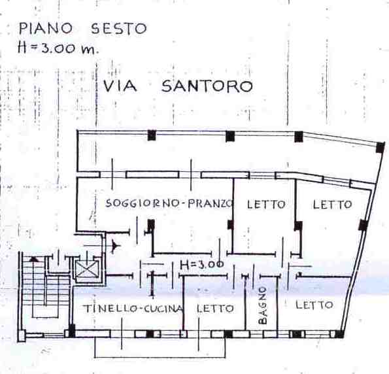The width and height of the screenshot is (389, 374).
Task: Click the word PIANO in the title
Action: coord(45,28)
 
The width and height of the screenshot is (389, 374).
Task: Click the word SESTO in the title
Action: coord(119,28)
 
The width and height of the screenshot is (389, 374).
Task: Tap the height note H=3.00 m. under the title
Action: coord(58,47)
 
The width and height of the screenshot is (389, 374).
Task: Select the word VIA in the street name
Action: coord(120,86)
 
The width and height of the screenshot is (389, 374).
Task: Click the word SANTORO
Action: coord(207,86)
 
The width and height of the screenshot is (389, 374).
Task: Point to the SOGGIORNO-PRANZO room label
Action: coord(170,203)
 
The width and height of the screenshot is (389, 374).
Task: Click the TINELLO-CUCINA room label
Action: coord(133,309)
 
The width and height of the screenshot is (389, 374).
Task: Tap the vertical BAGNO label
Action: coord(262,306)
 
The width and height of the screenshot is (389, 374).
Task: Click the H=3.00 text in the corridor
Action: coord(202,265)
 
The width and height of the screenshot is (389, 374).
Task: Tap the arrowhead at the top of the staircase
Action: coord(34,260)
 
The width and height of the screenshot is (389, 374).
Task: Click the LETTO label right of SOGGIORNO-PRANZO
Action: coord(266,205)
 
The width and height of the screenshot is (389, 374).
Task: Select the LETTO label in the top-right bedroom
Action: coord(332,205)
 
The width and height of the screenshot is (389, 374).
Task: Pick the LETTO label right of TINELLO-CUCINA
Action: coord(215,309)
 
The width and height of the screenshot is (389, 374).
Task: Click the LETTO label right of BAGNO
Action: coord(314,305)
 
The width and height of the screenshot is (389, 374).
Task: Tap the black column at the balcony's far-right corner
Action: coord(381,147)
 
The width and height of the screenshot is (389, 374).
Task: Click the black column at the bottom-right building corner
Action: coord(339,334)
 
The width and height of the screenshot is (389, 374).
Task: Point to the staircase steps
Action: coord(46,288)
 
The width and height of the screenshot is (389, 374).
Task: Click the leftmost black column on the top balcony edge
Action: coord(152,135)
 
